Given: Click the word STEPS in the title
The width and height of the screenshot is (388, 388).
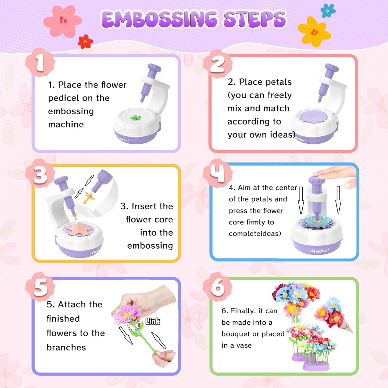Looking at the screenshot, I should point(255,19).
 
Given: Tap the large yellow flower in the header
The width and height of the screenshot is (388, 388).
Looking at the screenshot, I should point(314,32).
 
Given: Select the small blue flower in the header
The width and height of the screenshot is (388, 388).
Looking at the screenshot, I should point(328,11).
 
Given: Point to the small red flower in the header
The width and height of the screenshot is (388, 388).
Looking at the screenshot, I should point(85,42).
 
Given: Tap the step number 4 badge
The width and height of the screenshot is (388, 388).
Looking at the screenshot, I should point(217,173).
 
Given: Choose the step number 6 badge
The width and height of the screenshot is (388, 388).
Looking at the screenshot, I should point(217,287).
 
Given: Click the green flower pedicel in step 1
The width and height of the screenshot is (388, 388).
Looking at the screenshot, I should point(136,118).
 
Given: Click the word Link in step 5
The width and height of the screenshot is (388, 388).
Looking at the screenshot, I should point(153,321).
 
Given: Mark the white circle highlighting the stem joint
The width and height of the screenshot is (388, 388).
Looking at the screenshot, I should point(133,325).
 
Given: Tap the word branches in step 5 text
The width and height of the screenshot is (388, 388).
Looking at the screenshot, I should point(66,347).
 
